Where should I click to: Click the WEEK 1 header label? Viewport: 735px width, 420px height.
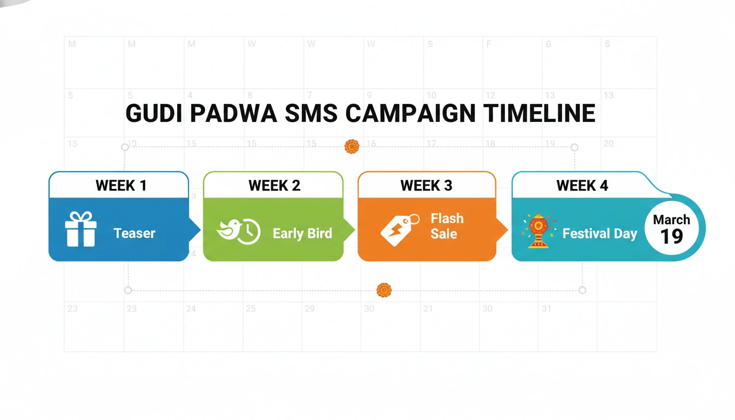(x=121, y=185)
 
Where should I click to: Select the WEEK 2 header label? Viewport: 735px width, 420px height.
(x=274, y=185)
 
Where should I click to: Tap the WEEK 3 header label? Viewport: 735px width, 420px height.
(x=426, y=185)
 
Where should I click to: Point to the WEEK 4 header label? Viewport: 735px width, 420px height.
(x=582, y=185)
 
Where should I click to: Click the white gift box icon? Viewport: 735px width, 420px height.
(x=80, y=229)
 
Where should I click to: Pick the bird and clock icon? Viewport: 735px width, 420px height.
(x=238, y=231)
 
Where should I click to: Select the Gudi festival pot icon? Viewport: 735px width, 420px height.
(x=538, y=230)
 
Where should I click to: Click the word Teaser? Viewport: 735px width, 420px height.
(x=135, y=234)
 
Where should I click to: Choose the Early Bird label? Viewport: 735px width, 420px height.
(x=302, y=234)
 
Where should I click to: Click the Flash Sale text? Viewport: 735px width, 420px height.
(x=447, y=226)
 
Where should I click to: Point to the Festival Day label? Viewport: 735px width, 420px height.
(x=600, y=234)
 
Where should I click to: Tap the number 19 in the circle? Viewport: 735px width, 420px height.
(x=672, y=236)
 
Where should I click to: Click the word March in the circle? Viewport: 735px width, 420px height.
(x=672, y=220)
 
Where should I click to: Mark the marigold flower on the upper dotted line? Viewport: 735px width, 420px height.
(x=352, y=146)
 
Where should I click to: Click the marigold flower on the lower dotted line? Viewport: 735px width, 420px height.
(x=384, y=290)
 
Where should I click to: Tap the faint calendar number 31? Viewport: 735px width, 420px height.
(x=546, y=309)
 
